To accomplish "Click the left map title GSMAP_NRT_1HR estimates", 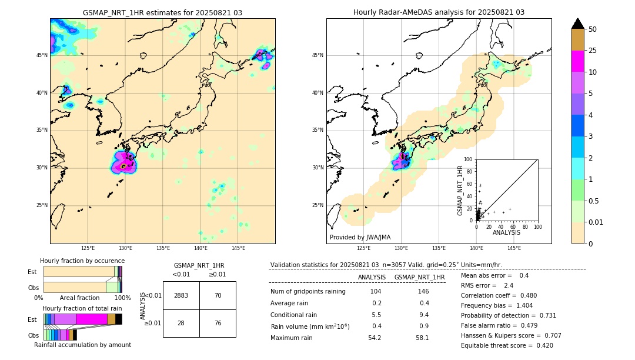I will pyautogui.click(x=162, y=12).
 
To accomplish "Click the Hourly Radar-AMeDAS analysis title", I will pyautogui.click(x=439, y=12).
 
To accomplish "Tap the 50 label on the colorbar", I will pyautogui.click(x=593, y=29).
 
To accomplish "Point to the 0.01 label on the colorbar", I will pyautogui.click(x=596, y=222).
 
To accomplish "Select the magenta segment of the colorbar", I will pyautogui.click(x=577, y=61).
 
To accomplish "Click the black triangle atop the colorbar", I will pyautogui.click(x=577, y=24).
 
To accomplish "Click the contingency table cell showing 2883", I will pyautogui.click(x=181, y=295).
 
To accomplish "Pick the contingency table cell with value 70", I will pyautogui.click(x=218, y=295).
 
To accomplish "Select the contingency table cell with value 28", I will pyautogui.click(x=181, y=324).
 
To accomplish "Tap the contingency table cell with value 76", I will pyautogui.click(x=218, y=324).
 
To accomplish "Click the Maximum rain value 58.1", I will pyautogui.click(x=422, y=338).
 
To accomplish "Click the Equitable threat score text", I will pyautogui.click(x=507, y=345).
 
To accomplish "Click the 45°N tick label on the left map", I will pyautogui.click(x=42, y=55).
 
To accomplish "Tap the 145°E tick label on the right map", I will pyautogui.click(x=514, y=248).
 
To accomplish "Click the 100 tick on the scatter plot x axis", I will pyautogui.click(x=537, y=226).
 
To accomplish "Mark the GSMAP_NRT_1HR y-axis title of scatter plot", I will pyautogui.click(x=460, y=190).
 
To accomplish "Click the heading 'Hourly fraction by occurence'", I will pyautogui.click(x=82, y=261).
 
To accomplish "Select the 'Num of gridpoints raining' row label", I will pyautogui.click(x=308, y=292).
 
